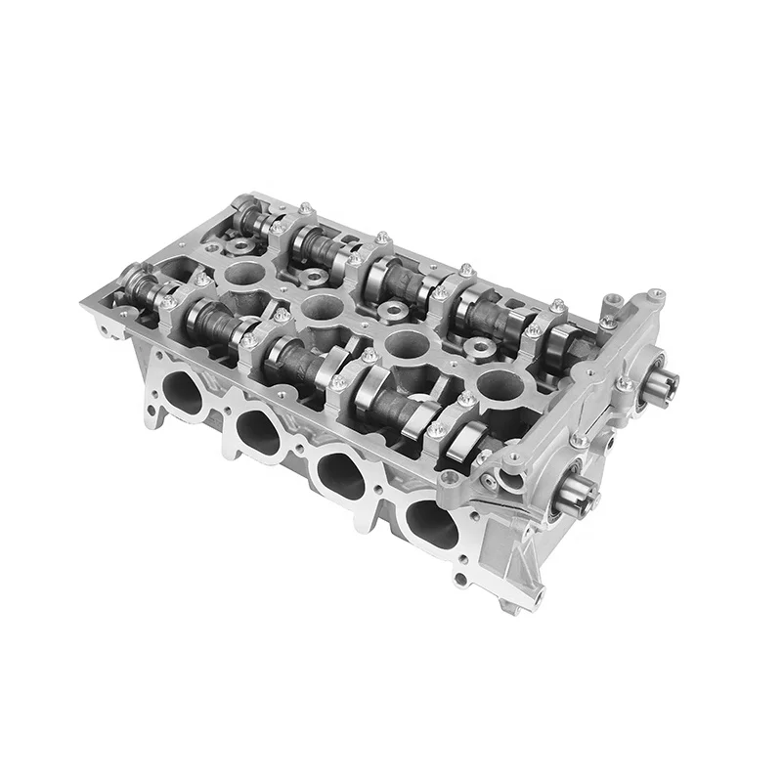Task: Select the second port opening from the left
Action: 257,430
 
